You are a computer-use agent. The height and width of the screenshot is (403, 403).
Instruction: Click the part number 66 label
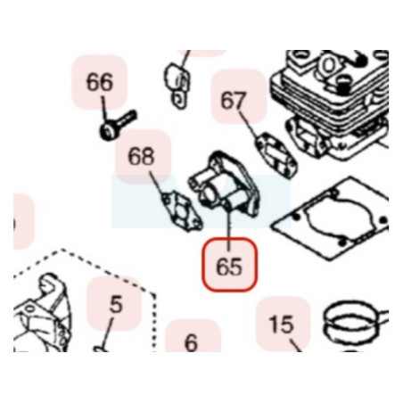tap(100, 82)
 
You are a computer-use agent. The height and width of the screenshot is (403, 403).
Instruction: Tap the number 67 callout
tap(234, 101)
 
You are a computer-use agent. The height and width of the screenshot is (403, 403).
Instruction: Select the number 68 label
tap(141, 156)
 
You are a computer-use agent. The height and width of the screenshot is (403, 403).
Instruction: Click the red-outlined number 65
tap(229, 265)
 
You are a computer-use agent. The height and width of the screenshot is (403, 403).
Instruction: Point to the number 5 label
tap(116, 304)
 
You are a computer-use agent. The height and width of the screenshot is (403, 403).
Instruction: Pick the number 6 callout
tap(191, 342)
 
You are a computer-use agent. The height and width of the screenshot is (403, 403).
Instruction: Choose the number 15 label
tap(281, 324)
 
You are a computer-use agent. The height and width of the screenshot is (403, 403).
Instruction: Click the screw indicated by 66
tap(117, 126)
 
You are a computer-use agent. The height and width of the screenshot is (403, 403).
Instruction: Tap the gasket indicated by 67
tap(276, 155)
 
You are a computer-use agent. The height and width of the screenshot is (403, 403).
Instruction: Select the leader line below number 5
tap(108, 333)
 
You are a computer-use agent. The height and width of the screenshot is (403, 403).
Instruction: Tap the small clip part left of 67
tap(176, 86)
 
